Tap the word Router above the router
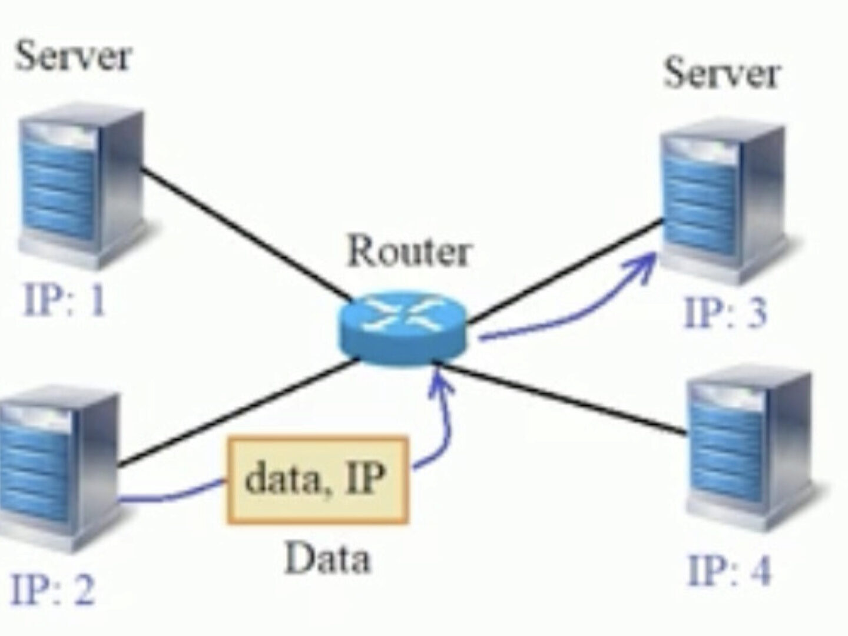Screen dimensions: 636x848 pyautogui.click(x=409, y=252)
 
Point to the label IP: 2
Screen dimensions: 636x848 pyautogui.click(x=53, y=589)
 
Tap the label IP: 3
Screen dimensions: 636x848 pyautogui.click(x=726, y=312)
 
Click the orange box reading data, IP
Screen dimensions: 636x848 pyautogui.click(x=317, y=480)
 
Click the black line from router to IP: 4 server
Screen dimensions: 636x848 pyautogui.click(x=565, y=400)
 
